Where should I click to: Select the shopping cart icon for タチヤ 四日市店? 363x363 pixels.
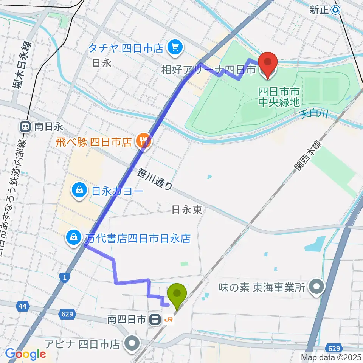[174, 48]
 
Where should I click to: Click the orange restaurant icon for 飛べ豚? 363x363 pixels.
[143, 142]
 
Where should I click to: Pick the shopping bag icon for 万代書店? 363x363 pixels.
[72, 238]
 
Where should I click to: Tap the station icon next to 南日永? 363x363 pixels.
[25, 127]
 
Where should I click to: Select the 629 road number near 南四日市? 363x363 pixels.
[68, 314]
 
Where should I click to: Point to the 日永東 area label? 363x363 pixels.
[187, 210]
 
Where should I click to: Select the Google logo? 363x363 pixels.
[25, 354]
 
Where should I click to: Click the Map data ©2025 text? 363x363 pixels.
[331, 357]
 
